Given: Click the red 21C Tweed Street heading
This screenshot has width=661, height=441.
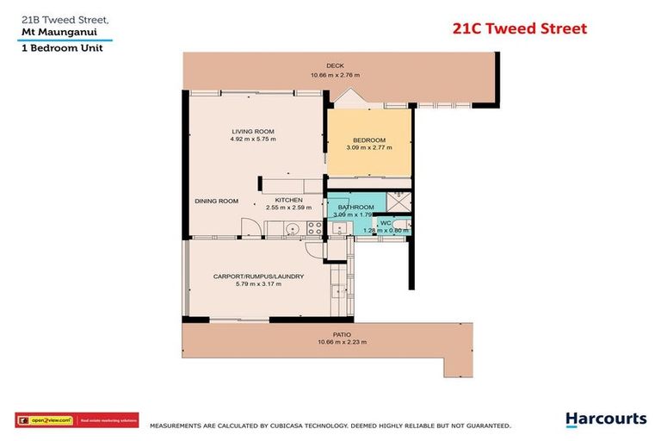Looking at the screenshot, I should pyautogui.click(x=520, y=28).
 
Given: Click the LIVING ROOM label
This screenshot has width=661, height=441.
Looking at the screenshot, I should pyautogui.click(x=253, y=131).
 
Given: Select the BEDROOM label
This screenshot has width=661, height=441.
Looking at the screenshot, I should pyautogui.click(x=369, y=140).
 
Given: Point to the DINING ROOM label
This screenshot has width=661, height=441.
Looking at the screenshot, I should pyautogui.click(x=216, y=202).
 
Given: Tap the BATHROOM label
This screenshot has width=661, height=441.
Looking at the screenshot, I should pyautogui.click(x=355, y=208).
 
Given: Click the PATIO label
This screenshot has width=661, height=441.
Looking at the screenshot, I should pyautogui.click(x=342, y=334).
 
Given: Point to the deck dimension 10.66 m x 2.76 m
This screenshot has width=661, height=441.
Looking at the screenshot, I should pyautogui.click(x=335, y=75).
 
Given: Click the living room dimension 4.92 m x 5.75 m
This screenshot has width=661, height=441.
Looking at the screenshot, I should pyautogui.click(x=253, y=139).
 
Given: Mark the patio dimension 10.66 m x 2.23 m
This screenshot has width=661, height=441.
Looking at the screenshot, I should pyautogui.click(x=342, y=342).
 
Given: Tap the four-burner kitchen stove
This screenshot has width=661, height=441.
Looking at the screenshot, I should pyautogui.click(x=315, y=228).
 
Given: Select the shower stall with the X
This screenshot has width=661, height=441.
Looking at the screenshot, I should pyautogui.click(x=398, y=200).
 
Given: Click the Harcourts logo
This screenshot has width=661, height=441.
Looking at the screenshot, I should pyautogui.click(x=605, y=419).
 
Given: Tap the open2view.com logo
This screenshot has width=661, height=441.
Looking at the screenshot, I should pyautogui.click(x=46, y=421).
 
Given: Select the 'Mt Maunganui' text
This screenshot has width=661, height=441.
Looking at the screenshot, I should pyautogui.click(x=54, y=31).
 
